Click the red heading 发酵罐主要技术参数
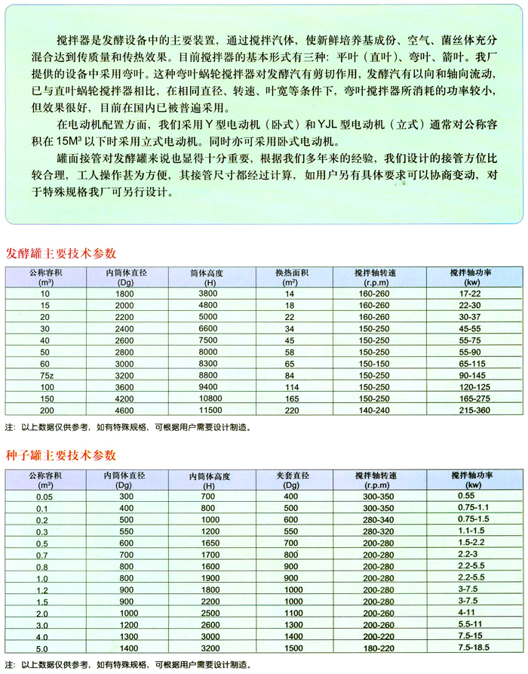click(x=62, y=253)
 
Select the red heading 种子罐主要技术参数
click(x=62, y=455)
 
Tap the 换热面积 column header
click(x=289, y=272)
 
